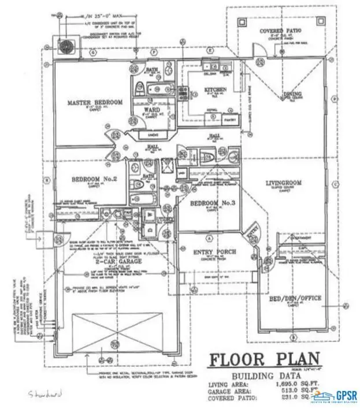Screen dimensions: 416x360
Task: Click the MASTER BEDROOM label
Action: click(95, 103)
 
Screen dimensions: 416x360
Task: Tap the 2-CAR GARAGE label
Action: click(100, 261)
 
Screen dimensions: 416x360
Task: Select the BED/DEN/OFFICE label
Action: click(295, 299)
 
